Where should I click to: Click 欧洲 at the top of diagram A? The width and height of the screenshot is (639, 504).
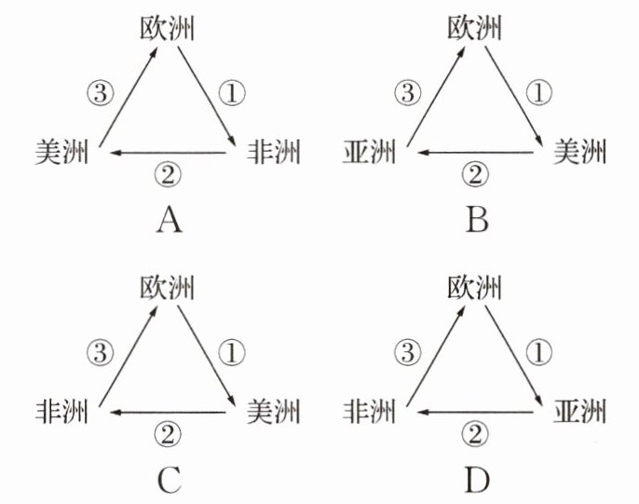tap(169, 28)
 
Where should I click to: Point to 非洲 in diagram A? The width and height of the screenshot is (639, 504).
tap(275, 151)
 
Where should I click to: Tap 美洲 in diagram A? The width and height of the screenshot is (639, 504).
tap(61, 151)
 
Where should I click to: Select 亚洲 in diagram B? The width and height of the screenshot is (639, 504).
tap(369, 151)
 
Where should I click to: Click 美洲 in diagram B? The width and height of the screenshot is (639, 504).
tap(581, 151)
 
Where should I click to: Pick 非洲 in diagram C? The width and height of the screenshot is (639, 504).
tap(61, 411)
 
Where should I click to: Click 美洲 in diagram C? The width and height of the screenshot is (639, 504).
tap(275, 411)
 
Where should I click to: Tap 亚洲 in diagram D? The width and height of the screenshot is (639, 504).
tap(581, 411)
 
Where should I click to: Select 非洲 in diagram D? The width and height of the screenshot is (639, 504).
tap(369, 411)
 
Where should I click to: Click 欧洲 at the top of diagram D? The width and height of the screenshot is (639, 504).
tap(475, 288)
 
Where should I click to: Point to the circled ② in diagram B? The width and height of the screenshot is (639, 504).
tap(475, 174)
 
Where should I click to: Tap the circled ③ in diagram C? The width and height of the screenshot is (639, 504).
tap(99, 352)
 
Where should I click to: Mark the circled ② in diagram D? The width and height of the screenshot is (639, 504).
tap(475, 434)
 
